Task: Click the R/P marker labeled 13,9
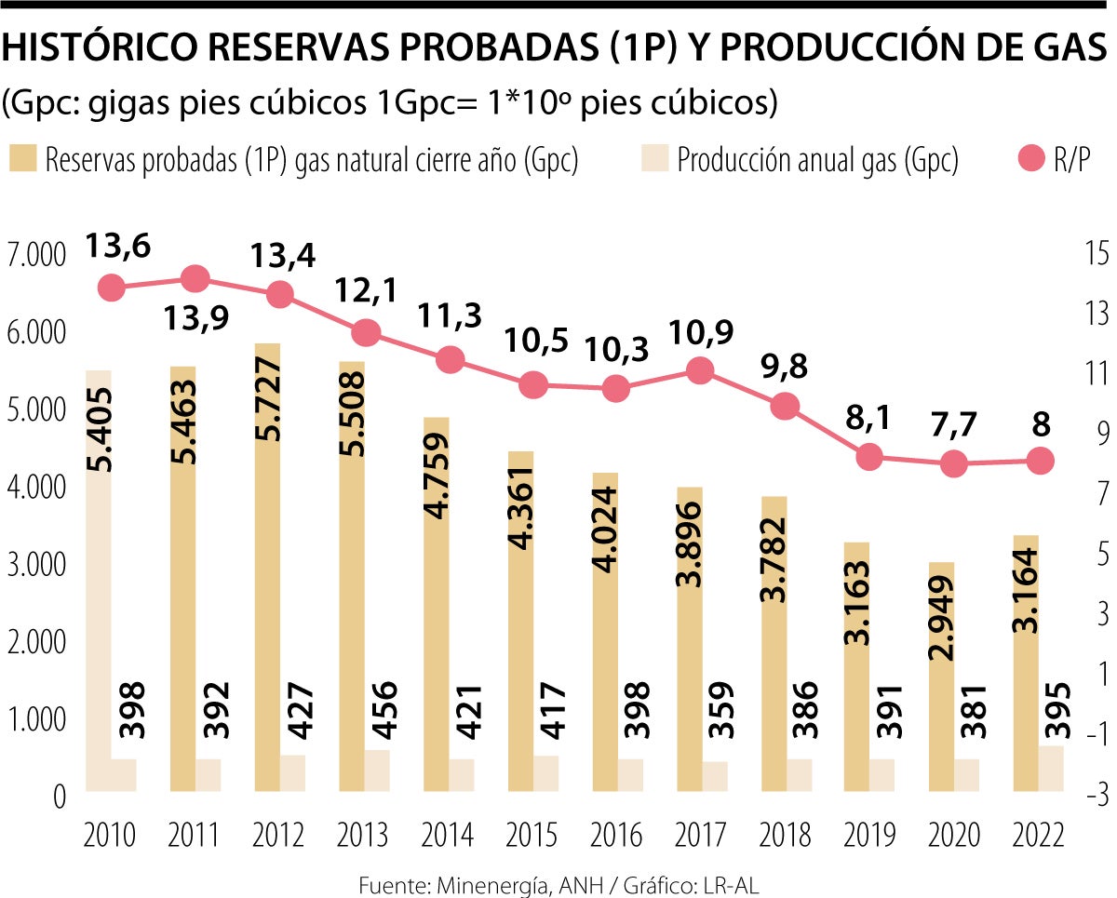[195, 278]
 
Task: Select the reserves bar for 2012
[267, 568]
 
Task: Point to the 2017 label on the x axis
[699, 835]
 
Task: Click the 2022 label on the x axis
[1039, 835]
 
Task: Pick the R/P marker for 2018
[787, 406]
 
